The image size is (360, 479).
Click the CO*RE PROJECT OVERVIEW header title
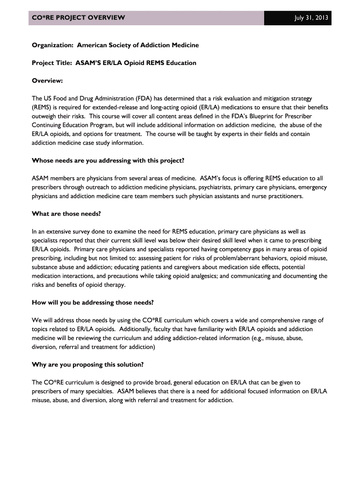tap(78, 18)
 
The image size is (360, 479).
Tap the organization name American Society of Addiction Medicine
tap(138, 45)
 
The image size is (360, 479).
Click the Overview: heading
tap(47, 80)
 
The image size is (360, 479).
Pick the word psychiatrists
tap(200, 187)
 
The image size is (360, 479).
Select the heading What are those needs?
tap(66, 214)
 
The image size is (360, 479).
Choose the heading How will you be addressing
tap(93, 302)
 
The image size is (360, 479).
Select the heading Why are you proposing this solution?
tap(87, 364)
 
